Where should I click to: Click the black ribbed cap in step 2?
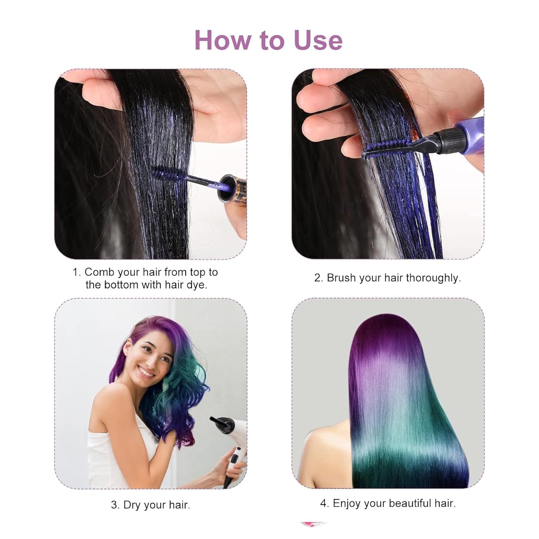pos(445,141)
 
